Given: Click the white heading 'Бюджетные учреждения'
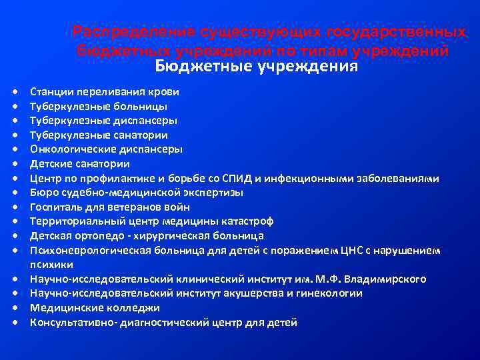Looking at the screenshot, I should pyautogui.click(x=257, y=67).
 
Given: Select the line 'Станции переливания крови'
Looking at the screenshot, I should pyautogui.click(x=104, y=91).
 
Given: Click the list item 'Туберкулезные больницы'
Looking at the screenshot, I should pyautogui.click(x=99, y=106).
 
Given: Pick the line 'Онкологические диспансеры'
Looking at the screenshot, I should pyautogui.click(x=106, y=149).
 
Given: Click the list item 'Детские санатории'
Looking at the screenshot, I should pyautogui.click(x=80, y=164).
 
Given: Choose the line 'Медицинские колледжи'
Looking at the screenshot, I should pyautogui.click(x=95, y=308).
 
